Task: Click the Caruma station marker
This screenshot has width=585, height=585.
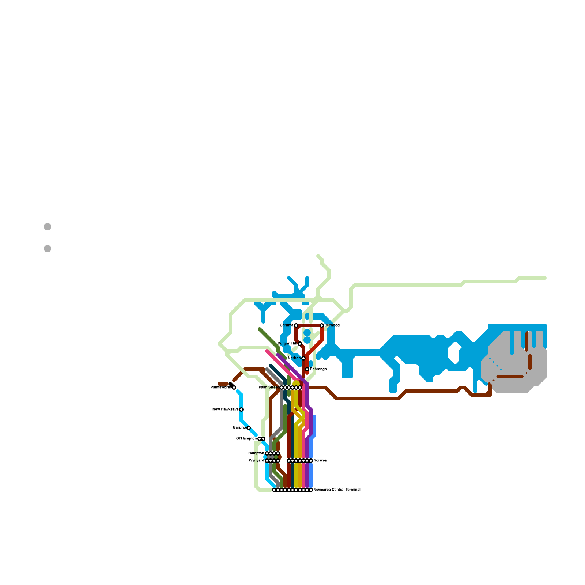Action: coord(296,325)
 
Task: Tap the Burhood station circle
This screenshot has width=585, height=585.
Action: coord(322,325)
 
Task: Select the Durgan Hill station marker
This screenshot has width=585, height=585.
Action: coord(300,344)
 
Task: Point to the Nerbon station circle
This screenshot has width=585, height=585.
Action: coord(303,358)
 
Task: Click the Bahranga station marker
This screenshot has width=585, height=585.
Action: coord(307,369)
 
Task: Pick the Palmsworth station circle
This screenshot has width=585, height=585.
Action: coord(234,388)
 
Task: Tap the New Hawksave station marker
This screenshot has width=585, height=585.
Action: coord(241,409)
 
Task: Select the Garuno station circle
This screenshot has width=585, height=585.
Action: coord(249,428)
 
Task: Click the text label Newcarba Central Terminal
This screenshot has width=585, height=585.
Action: coord(337,490)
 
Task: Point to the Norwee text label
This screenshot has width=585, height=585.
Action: coord(320,461)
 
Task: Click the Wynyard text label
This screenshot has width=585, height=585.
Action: coord(256,461)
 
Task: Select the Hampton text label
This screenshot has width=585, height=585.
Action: coord(256,453)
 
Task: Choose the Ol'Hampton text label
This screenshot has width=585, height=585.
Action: coord(246,439)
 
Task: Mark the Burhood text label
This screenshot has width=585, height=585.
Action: coord(332,325)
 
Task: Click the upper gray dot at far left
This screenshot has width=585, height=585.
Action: coord(48,227)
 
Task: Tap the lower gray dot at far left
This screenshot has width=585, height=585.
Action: coord(48,249)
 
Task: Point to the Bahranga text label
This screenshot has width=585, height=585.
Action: coord(318,369)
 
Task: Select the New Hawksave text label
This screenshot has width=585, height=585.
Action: coord(225,409)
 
